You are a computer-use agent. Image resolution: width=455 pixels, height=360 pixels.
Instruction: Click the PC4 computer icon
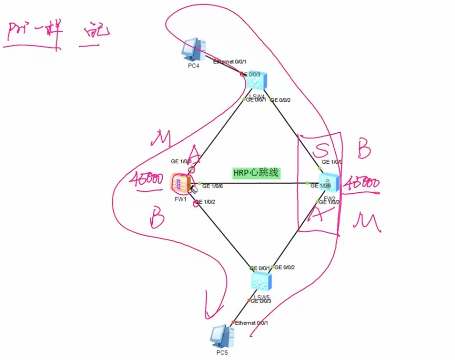coord(194,49)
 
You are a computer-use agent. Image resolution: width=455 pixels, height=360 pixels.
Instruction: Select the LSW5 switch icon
coord(259,281)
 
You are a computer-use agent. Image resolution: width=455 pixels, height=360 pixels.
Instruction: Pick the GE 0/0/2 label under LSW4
coord(281,100)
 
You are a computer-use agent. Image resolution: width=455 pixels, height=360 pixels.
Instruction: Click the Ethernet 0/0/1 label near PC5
coord(252,323)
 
